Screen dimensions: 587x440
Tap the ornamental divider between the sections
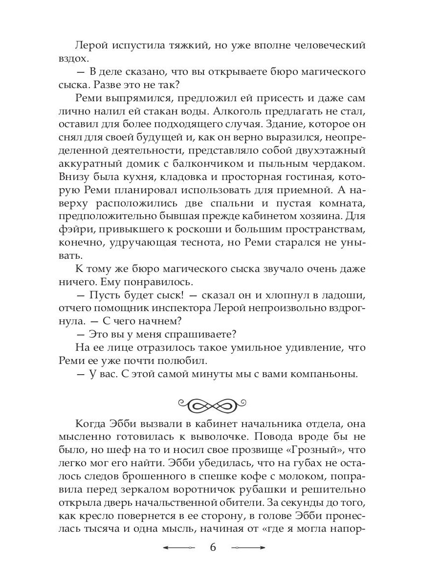220,405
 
